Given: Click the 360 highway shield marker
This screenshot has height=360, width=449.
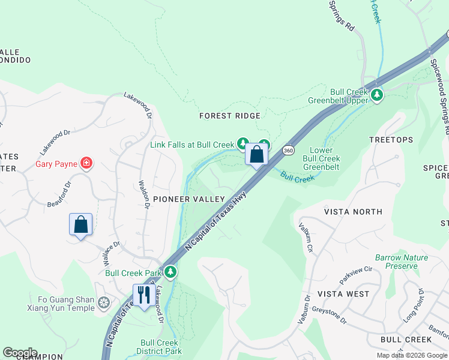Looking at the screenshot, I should [x=288, y=149].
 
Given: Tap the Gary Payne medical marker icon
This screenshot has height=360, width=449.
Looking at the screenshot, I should [x=87, y=163].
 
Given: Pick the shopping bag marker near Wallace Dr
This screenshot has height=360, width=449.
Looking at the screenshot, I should [x=81, y=225].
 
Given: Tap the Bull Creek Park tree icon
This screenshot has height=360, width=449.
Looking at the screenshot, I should [x=171, y=272].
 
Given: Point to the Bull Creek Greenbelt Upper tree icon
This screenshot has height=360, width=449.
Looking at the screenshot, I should [x=377, y=95].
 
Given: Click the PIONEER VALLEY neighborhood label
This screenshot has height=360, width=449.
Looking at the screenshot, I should [x=188, y=199].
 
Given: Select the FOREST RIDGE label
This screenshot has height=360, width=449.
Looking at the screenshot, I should [x=230, y=116].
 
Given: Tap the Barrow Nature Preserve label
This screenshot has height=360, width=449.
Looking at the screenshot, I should [x=401, y=262].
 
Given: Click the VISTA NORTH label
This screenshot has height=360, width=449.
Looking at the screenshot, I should [x=353, y=212].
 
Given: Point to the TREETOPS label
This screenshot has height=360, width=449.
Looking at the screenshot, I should [x=391, y=140].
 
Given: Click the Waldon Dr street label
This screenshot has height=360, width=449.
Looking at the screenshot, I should [x=143, y=196].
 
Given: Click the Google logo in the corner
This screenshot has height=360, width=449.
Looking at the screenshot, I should [x=20, y=353].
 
